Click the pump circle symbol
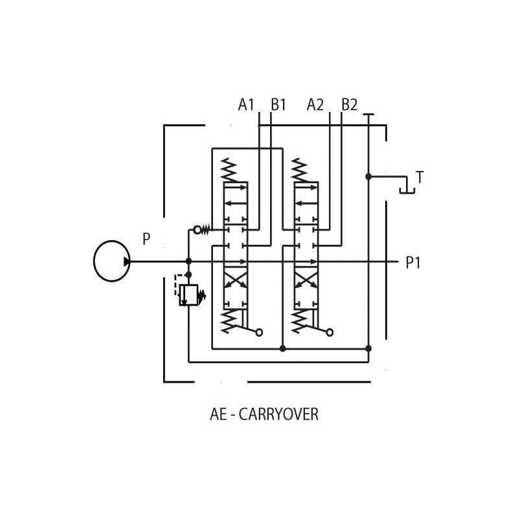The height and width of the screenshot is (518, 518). pyautogui.click(x=94, y=261)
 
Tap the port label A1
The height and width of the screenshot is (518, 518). pyautogui.click(x=246, y=105)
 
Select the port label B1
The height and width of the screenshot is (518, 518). pyautogui.click(x=278, y=105)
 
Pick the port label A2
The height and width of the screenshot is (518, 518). pyautogui.click(x=315, y=105)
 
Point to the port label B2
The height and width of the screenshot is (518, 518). pyautogui.click(x=350, y=105)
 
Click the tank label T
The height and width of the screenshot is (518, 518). pyautogui.click(x=420, y=177)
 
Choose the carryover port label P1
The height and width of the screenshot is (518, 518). pyautogui.click(x=413, y=263)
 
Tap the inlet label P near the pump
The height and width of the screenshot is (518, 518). pyautogui.click(x=146, y=239)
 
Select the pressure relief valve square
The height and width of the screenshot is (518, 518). pyautogui.click(x=188, y=295)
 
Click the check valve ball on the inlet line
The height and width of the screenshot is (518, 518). pyautogui.click(x=197, y=230)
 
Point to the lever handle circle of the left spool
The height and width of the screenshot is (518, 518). pyautogui.click(x=260, y=333)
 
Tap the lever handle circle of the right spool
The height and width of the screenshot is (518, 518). pyautogui.click(x=330, y=333)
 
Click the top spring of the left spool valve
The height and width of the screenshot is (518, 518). pyautogui.click(x=229, y=170)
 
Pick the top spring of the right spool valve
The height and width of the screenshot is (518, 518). pyautogui.click(x=299, y=170)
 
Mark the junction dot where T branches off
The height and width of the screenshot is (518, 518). pyautogui.click(x=368, y=177)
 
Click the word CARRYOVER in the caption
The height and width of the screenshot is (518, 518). pyautogui.click(x=278, y=414)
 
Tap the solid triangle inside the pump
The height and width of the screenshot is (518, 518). pyautogui.click(x=127, y=262)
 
